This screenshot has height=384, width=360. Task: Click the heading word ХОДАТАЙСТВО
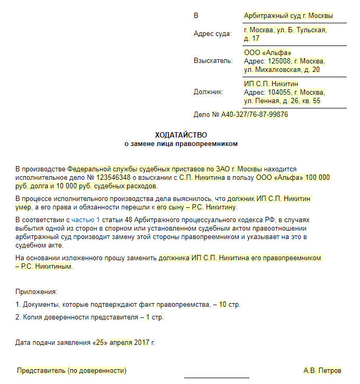181,135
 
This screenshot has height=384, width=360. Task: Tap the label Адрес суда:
213,34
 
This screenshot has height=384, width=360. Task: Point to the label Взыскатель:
213,61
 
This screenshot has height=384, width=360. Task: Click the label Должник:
209,92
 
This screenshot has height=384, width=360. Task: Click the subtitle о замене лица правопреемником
181,143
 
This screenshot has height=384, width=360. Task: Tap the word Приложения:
37,291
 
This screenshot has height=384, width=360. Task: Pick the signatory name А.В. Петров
322,370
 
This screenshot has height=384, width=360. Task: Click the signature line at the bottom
216,378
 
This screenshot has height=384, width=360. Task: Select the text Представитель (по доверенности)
71,370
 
